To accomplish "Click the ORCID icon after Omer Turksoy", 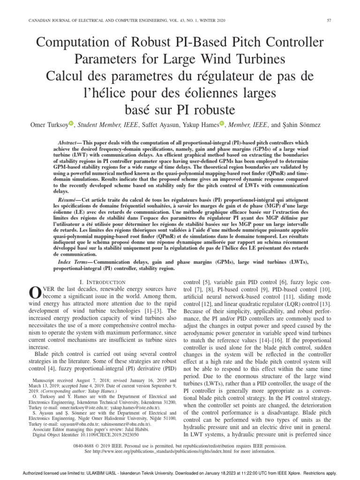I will (x=71, y=124).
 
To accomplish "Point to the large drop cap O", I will (x=35, y=292).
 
